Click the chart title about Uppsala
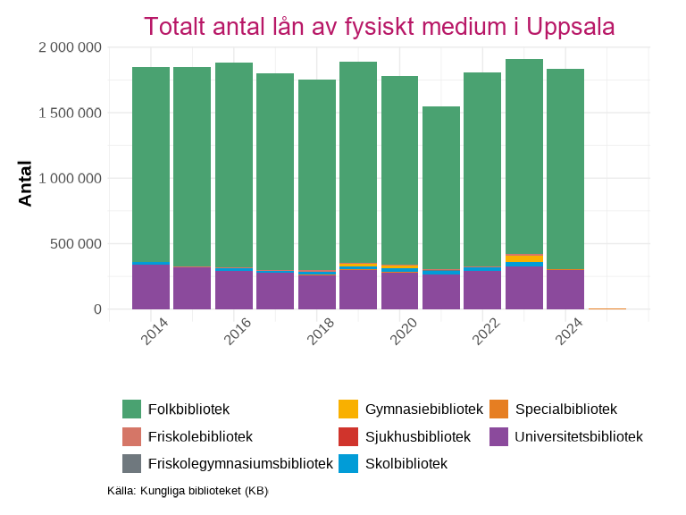pos(379,26)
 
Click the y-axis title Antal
pos(25,183)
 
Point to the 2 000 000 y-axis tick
pos(70,47)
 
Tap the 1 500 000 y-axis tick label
pos(70,113)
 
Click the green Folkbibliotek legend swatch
pos(132,409)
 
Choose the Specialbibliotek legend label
pos(565,409)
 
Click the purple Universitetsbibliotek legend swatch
pos(499,436)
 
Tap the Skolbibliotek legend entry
pos(406,463)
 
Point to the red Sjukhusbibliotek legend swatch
pos(349,436)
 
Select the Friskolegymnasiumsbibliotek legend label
pos(239,463)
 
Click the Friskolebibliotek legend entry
pos(200,436)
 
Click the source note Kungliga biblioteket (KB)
pos(188,491)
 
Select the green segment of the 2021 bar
pos(441,188)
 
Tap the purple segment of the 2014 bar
pos(151,286)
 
